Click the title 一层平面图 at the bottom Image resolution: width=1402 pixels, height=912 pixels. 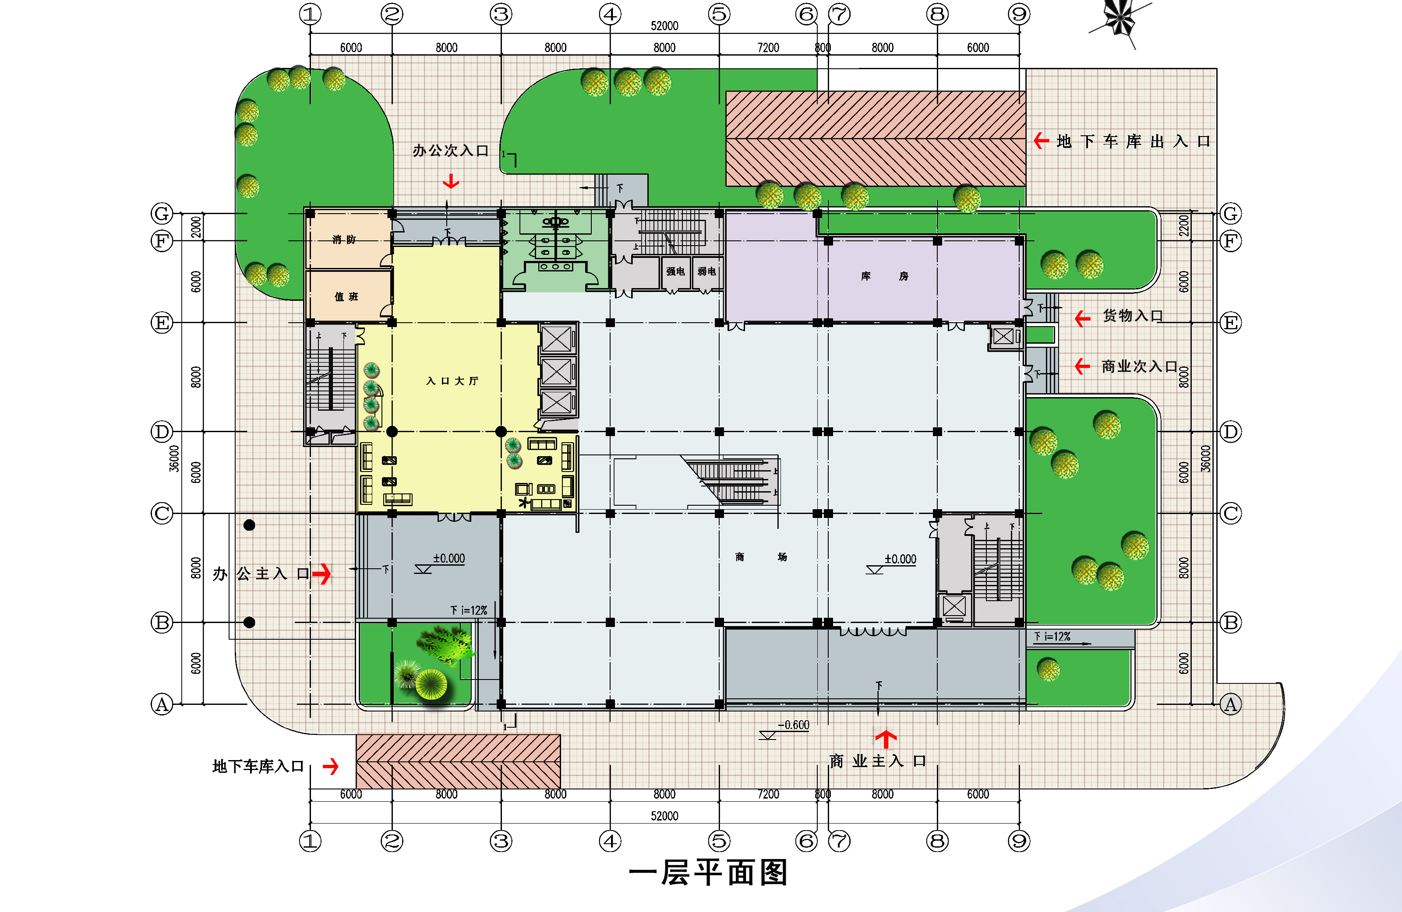pos(708,873)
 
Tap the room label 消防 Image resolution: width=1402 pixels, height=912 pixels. pos(344,239)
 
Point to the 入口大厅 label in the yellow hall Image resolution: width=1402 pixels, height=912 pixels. pos(452,381)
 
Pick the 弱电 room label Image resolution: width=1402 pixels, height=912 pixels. pos(707,271)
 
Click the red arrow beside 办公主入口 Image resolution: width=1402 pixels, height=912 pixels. pos(321,574)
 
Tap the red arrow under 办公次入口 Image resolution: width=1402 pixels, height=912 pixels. pos(451,181)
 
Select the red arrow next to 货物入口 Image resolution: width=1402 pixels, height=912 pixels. pos(1083,319)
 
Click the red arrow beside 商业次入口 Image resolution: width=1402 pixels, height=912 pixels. pos(1083,366)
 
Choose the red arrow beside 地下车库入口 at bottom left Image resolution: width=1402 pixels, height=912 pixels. pos(331,766)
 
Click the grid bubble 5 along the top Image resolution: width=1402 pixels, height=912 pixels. pos(719,14)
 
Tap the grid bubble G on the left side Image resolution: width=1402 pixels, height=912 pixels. pos(162,213)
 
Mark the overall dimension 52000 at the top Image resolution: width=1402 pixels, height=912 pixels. pos(664,26)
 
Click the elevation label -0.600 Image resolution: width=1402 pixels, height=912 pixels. pos(794,725)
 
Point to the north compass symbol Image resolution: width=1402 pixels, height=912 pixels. pos(1119,21)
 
